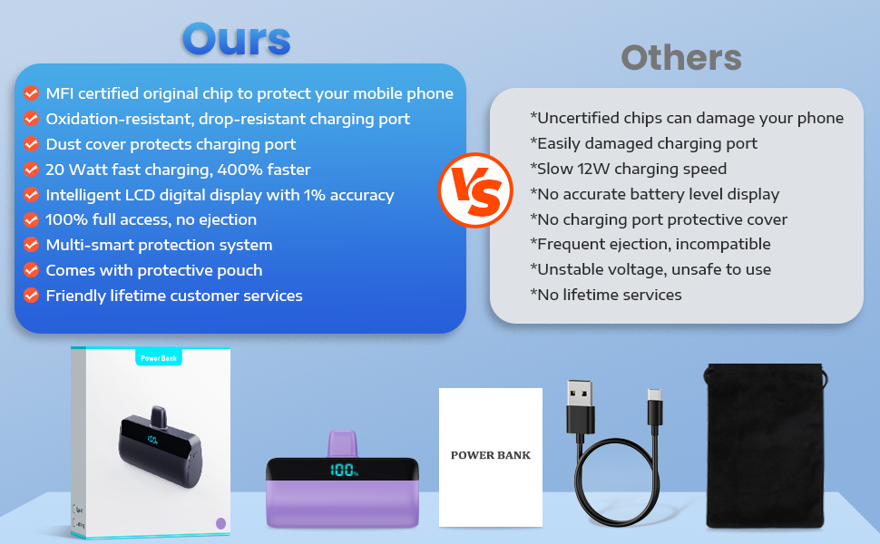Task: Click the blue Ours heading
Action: click(236, 39)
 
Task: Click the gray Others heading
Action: click(681, 58)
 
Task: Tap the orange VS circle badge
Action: click(475, 190)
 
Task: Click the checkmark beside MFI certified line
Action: click(32, 93)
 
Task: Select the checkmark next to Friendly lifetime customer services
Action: click(32, 295)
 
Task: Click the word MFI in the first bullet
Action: click(60, 93)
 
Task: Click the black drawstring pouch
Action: click(766, 446)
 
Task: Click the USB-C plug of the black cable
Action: click(654, 406)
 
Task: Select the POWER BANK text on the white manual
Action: click(491, 455)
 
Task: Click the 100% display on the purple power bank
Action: click(344, 470)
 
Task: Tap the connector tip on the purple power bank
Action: click(342, 444)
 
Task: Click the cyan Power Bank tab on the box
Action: click(159, 357)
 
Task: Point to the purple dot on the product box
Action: click(221, 523)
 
